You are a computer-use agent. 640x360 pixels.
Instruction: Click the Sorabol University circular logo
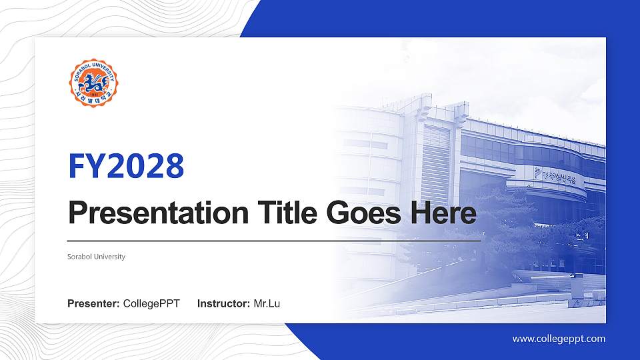pos(94,84)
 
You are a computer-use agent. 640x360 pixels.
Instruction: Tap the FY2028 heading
pos(126,166)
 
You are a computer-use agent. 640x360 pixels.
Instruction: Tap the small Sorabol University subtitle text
pos(96,257)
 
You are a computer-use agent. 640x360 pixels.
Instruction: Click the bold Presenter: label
pos(93,304)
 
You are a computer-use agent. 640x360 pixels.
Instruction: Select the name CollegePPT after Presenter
pos(151,304)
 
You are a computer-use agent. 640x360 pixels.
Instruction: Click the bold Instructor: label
pos(224,304)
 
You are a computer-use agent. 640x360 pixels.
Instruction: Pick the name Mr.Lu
pos(267,304)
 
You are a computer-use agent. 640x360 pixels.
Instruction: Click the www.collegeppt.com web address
pos(559,339)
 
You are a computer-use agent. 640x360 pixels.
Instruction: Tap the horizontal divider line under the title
pos(273,240)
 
